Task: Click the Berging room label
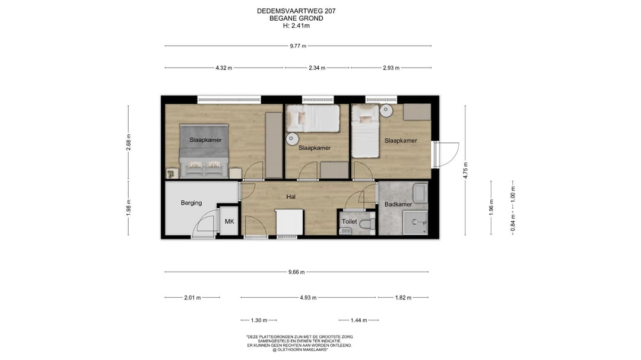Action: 191,203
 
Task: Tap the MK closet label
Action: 229,221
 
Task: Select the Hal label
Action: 291,196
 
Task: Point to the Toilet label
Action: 349,221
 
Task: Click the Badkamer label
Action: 398,204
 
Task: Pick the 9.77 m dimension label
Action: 298,46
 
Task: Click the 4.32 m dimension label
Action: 224,68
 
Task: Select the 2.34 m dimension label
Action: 317,68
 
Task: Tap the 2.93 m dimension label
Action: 391,68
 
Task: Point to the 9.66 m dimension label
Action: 296,272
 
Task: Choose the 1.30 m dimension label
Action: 259,320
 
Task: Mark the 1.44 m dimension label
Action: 358,320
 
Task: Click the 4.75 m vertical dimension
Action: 465,170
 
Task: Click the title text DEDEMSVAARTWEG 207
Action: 296,11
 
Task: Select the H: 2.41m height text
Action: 296,26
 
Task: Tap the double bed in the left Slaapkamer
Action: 204,151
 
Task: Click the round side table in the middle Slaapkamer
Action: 292,139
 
